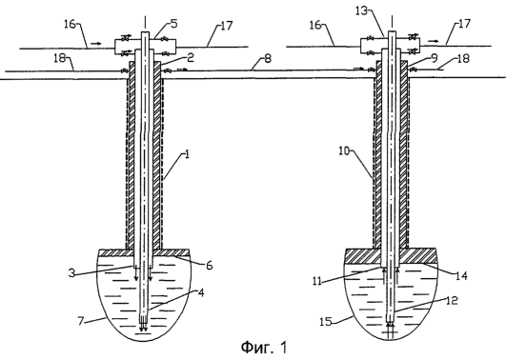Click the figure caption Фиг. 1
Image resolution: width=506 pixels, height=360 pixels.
pos(264,348)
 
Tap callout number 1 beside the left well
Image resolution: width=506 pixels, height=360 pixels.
pos(187,154)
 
